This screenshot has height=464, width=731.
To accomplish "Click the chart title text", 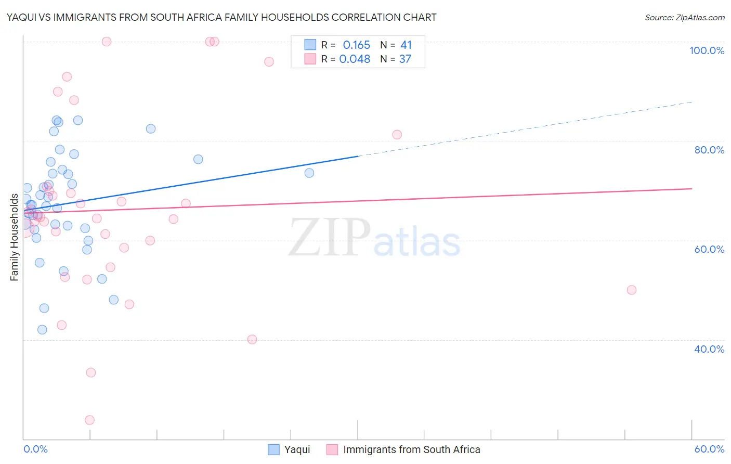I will pos(221,17).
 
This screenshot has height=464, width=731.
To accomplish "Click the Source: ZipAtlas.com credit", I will pos(684,17).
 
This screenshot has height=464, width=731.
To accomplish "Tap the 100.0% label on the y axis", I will pos(707,50).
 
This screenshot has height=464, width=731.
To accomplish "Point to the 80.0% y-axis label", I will pos(709,150).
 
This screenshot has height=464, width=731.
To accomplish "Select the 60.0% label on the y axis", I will pos(709,249).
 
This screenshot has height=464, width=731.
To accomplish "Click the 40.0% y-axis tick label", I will pos(709,349).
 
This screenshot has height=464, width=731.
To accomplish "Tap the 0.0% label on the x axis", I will pos(35,449).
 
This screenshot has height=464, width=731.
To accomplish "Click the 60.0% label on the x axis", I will pos(709,449).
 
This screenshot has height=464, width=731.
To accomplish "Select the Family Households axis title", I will pos(15,237).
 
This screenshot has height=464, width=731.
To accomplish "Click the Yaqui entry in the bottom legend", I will pos(297,449).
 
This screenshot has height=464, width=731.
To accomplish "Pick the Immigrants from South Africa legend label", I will pos(411,449).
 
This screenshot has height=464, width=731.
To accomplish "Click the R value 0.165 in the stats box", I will pos(356,45).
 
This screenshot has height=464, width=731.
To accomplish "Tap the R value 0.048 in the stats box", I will pos(355,59).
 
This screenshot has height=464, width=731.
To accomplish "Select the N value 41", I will pos(406,45).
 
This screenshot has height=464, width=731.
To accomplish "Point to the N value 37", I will pos(405,59).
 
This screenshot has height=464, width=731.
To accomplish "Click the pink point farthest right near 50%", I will pos(632,290).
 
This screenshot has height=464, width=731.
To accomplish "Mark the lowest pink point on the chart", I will pos(89,420).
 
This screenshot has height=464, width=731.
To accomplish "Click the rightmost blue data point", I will pos(309,173).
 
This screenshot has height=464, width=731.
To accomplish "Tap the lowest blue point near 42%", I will pos(42,329).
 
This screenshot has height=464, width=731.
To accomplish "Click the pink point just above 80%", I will pos(397,135).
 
